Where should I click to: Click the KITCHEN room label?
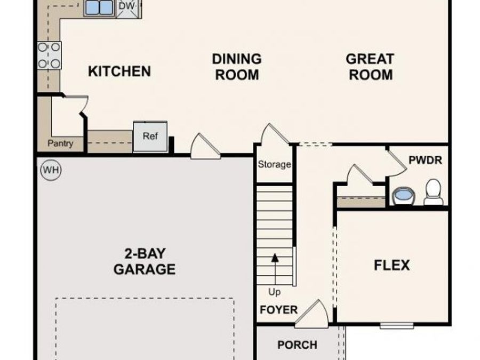[119, 71]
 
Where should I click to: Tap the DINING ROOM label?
[237, 67]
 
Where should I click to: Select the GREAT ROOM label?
[371, 67]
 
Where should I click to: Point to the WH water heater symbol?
[51, 170]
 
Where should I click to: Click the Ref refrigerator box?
[150, 136]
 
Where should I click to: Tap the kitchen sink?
[99, 7]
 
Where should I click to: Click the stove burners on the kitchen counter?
[49, 55]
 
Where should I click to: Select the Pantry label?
[60, 143]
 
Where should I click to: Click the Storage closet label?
[274, 164]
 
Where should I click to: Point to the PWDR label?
[425, 160]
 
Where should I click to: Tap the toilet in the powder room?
[434, 193]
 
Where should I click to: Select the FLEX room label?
[392, 265]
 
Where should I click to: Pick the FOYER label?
[278, 310]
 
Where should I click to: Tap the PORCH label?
[297, 345]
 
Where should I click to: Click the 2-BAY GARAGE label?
[144, 261]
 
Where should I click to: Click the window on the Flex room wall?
[396, 325]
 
